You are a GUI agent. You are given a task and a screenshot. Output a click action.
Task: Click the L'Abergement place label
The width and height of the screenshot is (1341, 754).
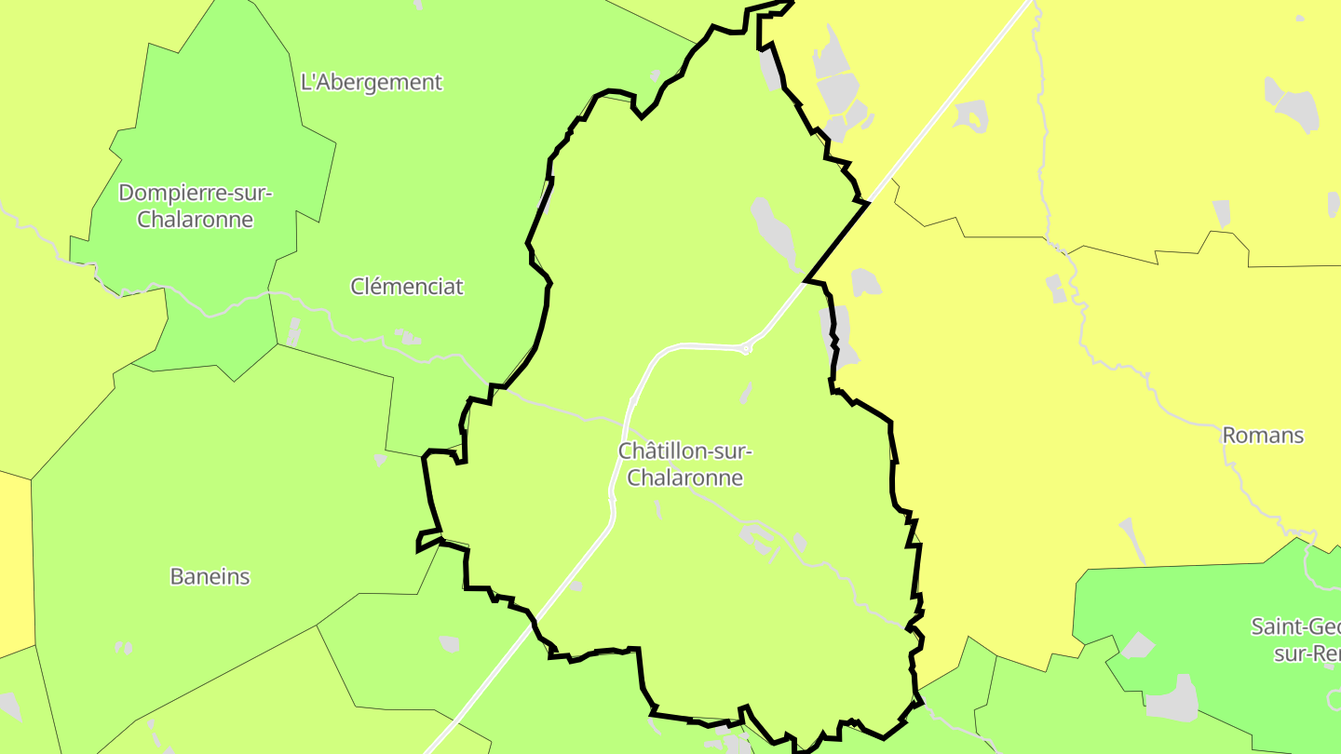point(372,82)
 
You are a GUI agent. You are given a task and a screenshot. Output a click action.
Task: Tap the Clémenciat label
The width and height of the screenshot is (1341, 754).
point(406,287)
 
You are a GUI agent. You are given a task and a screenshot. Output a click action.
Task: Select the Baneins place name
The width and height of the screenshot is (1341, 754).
point(210,576)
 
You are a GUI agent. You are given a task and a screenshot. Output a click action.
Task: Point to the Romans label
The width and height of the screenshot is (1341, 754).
point(1262,435)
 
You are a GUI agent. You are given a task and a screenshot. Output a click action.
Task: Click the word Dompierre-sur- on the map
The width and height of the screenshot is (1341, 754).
point(195,194)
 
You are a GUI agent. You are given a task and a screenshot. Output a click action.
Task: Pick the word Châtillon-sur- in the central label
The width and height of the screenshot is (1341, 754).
point(684,451)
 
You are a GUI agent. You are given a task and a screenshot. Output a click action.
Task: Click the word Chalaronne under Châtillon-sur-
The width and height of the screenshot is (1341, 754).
point(684,478)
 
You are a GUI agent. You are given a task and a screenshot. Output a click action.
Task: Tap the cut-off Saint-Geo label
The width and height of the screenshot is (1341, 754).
point(1294,626)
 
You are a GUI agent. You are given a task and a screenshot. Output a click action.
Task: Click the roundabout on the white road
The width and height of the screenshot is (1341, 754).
point(746,349)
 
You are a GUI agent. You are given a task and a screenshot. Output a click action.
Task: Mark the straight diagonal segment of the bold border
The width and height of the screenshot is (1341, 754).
point(836,241)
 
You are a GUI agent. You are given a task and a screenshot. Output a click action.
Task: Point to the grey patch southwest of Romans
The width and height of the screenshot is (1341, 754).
point(1132,539)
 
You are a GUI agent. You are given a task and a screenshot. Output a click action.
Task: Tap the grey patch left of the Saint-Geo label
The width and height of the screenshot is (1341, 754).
point(1138,645)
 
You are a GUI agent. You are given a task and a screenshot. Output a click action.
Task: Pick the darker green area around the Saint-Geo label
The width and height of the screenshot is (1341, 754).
point(1211,605)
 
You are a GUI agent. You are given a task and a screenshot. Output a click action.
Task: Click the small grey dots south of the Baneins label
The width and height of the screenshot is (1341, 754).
point(123,647)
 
